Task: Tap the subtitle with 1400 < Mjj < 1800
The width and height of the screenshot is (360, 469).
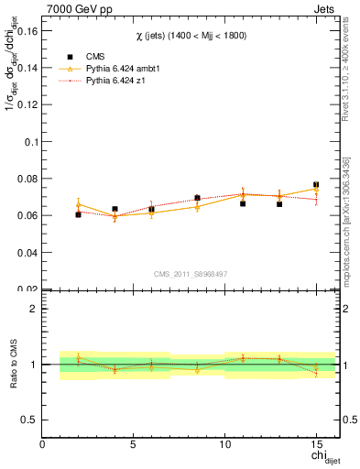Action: pos(191,35)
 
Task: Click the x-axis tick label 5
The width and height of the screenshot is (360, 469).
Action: pos(134,445)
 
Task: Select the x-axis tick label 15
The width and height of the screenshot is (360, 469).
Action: pos(315,445)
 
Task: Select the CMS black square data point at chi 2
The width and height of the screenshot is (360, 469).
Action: pos(78,214)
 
